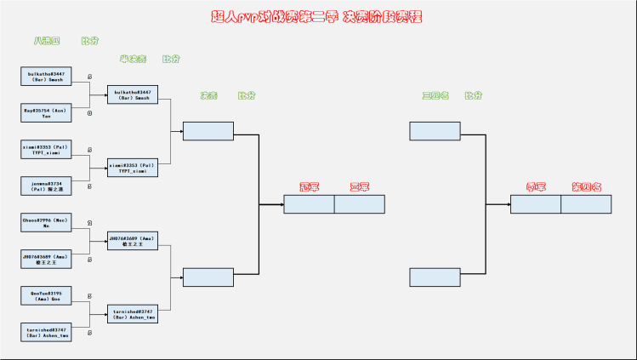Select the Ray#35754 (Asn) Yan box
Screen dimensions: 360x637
coord(46,112)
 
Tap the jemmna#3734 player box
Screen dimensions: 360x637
coord(46,186)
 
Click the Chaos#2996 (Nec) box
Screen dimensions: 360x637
coord(46,222)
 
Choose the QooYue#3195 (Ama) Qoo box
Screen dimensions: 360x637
coord(46,295)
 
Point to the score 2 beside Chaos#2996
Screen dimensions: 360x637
coord(89,223)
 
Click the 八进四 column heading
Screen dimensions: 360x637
coord(46,41)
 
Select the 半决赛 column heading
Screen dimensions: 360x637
coord(133,60)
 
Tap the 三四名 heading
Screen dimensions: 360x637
coord(435,95)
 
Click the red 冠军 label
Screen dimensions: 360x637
coord(309,186)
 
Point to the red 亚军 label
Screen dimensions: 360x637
coord(360,186)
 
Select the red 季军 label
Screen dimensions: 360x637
coord(536,186)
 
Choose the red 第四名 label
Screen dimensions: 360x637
coord(586,186)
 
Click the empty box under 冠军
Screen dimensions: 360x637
coord(309,204)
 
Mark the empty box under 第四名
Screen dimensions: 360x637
coord(586,204)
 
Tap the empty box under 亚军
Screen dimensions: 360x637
coord(360,204)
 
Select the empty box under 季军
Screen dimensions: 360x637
coord(536,204)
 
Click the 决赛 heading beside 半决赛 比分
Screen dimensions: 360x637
coord(208,95)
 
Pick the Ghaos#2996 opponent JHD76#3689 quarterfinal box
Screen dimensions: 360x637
coord(46,259)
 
